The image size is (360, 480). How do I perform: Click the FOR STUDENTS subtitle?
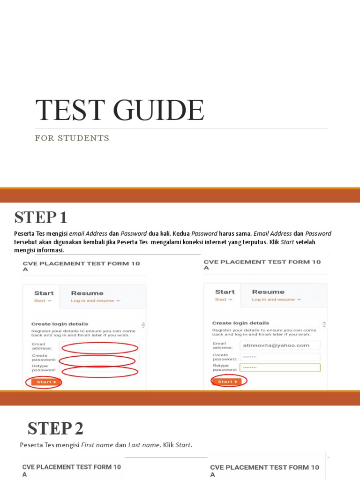click(72, 138)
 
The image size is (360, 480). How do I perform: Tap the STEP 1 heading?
click(41, 217)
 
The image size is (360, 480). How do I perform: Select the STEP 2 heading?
click(55, 428)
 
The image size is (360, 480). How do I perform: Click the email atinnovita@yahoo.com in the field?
click(276, 345)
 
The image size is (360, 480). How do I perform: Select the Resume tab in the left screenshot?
click(87, 293)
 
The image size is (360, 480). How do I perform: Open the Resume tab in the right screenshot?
click(268, 292)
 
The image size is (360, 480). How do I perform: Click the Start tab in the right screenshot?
click(225, 292)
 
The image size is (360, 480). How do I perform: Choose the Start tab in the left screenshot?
click(44, 293)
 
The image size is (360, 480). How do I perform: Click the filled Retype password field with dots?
click(280, 367)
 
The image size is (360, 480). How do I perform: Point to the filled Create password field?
click(280, 357)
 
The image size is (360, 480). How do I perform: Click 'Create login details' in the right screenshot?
click(240, 323)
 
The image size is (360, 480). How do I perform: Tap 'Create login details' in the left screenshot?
click(60, 324)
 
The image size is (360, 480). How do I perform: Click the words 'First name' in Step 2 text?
click(97, 445)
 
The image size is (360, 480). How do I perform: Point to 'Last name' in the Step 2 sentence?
click(144, 445)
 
